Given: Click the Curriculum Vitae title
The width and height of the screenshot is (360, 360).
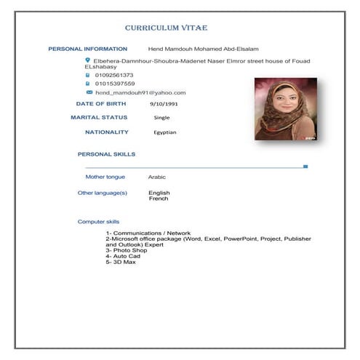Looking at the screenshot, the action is (x=166, y=28).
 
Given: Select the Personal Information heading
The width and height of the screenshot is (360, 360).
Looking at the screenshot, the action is (x=87, y=49).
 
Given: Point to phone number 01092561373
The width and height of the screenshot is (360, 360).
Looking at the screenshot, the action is (x=115, y=75).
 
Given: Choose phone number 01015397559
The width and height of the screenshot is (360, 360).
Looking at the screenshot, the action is (x=115, y=84).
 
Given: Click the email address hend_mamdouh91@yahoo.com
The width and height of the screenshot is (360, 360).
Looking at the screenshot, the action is (x=140, y=93).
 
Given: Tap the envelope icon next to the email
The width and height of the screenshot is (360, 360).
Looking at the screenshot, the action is (x=89, y=92).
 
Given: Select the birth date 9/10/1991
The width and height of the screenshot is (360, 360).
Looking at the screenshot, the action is (x=164, y=104).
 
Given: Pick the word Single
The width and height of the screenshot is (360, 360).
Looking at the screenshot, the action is (x=161, y=117).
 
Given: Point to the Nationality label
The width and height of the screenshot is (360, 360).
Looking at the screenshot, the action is (x=106, y=132).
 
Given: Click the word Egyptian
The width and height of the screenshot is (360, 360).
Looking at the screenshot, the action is (x=165, y=132).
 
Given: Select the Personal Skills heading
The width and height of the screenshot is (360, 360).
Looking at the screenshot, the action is (x=106, y=154).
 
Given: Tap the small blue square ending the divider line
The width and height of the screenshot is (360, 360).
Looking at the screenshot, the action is (x=305, y=167).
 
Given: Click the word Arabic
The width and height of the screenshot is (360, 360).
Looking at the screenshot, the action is (x=157, y=177).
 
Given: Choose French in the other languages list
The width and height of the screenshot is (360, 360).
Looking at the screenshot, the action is (x=159, y=199).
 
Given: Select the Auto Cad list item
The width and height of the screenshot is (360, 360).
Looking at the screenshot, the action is (x=122, y=256).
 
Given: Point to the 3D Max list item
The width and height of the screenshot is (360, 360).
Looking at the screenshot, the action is (x=120, y=262).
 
